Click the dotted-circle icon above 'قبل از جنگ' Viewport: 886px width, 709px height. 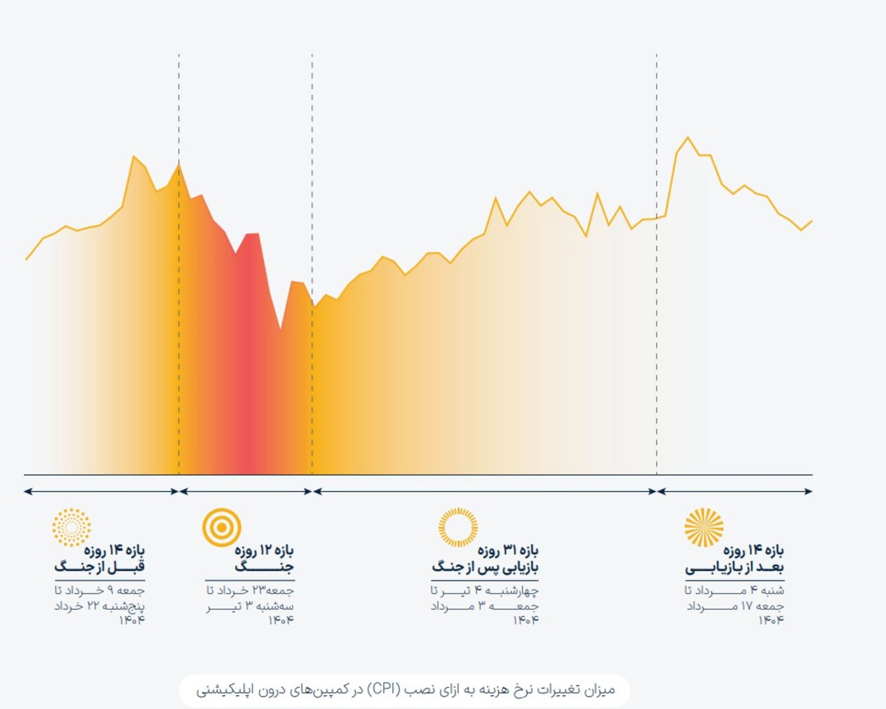click(x=72, y=527)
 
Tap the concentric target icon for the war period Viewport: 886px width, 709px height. click(x=221, y=527)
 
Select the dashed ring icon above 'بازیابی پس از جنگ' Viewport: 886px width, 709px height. click(x=458, y=527)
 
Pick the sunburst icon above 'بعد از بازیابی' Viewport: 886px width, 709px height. click(x=704, y=527)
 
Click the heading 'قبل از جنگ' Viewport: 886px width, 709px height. click(x=99, y=567)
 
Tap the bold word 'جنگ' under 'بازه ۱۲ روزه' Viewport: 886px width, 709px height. click(x=264, y=567)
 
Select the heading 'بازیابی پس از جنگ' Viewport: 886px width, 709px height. click(x=485, y=567)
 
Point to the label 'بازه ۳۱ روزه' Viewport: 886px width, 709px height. click(x=508, y=550)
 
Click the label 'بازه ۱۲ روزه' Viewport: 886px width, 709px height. click(x=264, y=550)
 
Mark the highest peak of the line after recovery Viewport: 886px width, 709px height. click(x=688, y=138)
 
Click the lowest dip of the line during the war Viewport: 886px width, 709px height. click(x=280, y=329)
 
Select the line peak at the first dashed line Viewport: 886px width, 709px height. click(x=179, y=165)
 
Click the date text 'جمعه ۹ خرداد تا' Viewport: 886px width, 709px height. click(x=99, y=590)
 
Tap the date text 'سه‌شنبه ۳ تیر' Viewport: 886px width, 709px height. click(x=250, y=606)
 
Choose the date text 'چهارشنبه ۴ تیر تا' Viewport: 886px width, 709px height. click(x=485, y=590)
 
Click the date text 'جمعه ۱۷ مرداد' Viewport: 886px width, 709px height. click(x=735, y=606)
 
